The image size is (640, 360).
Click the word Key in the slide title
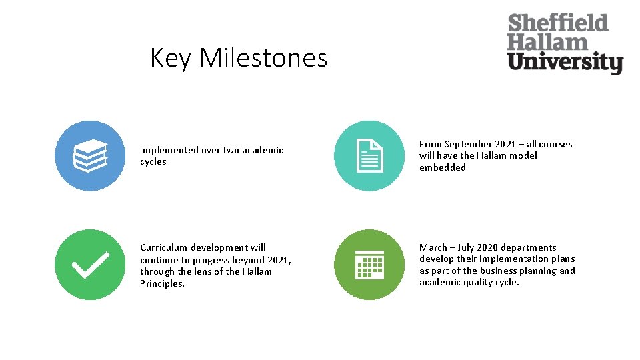(171, 58)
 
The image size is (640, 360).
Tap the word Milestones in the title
(263, 58)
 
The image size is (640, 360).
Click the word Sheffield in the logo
(558, 23)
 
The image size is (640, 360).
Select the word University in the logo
(565, 63)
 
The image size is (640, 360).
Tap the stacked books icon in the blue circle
(89, 157)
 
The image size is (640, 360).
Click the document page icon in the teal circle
(369, 157)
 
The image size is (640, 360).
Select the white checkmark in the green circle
(89, 265)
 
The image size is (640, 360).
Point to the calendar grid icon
(369, 265)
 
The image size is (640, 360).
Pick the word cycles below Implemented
(153, 162)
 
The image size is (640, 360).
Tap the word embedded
(442, 167)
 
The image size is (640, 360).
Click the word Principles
(162, 283)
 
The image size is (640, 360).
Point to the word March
(433, 247)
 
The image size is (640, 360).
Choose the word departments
(529, 247)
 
